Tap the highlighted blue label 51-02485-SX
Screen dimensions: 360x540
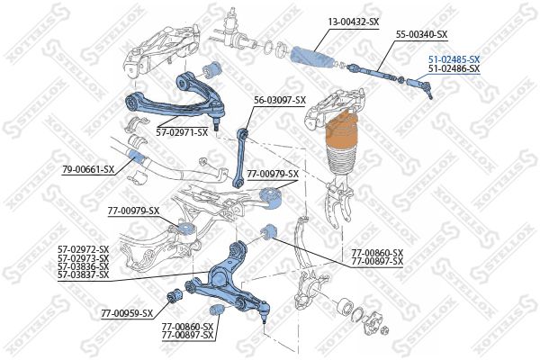coord(454,58)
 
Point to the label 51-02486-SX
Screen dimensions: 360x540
coord(454,68)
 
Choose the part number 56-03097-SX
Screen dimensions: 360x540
coord(280,100)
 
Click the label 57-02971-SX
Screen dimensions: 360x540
coord(181,132)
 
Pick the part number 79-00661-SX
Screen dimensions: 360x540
coord(88,169)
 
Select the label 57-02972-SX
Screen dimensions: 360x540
coord(83,249)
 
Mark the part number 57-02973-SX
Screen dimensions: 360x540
coord(83,257)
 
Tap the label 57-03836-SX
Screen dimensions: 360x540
coord(83,265)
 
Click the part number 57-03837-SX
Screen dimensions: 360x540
coord(83,274)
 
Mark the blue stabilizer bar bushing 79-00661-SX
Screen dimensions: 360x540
coord(137,157)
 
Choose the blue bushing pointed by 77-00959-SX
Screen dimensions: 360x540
coord(176,295)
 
